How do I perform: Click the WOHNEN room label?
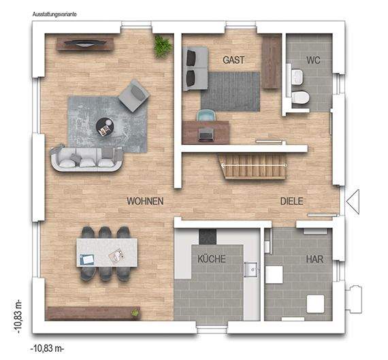(144, 201)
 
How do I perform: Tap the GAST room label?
(233, 60)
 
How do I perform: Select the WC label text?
(313, 60)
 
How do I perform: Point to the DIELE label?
(292, 201)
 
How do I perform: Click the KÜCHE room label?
(211, 259)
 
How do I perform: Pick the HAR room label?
(314, 259)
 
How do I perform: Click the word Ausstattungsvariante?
(55, 14)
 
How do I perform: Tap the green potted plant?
(162, 46)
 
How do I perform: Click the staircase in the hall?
(250, 166)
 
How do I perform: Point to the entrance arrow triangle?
(353, 201)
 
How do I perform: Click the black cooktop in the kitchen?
(207, 236)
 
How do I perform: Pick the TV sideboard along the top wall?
(85, 44)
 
